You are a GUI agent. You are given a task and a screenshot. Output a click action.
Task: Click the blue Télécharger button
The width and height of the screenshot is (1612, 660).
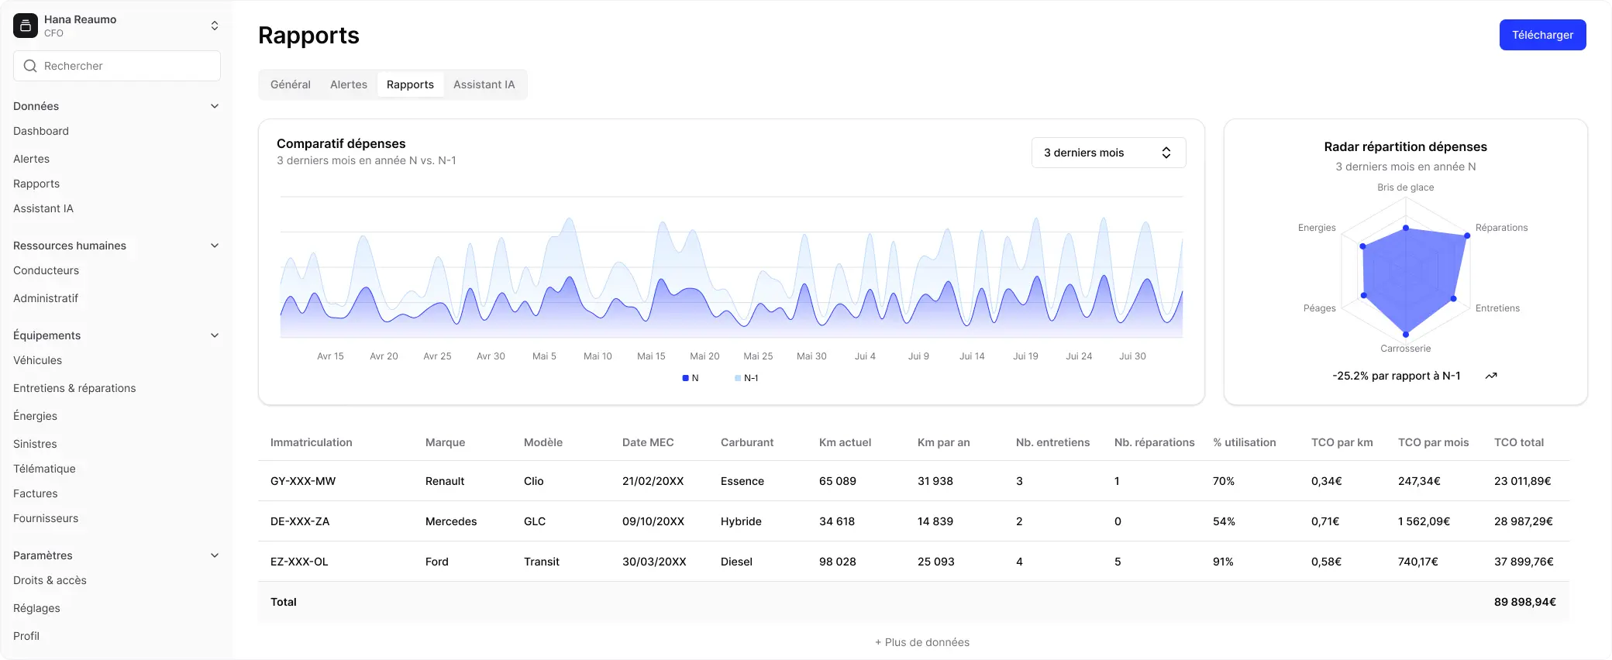1542,35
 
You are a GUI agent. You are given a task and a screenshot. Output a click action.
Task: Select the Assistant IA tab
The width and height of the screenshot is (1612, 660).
484,84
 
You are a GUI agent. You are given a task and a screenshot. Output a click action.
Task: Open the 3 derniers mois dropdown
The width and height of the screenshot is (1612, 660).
1108,153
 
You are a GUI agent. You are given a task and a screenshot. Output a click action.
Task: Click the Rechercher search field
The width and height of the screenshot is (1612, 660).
117,66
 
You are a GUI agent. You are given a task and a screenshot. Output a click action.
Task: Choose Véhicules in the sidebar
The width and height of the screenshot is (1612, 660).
37,360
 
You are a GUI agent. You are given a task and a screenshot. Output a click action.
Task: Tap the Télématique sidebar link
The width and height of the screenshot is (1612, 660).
44,469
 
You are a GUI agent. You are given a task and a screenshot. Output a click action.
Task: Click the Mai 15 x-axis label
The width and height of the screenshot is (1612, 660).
651,356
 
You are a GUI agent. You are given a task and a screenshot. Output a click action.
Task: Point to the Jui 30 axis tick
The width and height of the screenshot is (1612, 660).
1132,356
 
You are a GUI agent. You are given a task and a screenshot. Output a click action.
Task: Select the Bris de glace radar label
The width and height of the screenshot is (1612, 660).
1405,187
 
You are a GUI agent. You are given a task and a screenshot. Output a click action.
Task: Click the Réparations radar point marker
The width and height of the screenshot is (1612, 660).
1467,235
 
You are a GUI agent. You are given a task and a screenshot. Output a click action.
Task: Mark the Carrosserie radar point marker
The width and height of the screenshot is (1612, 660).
1406,335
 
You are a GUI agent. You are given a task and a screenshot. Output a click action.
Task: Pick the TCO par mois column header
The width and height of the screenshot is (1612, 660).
1433,442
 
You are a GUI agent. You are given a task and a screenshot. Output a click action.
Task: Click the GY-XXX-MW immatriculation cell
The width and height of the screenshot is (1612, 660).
303,481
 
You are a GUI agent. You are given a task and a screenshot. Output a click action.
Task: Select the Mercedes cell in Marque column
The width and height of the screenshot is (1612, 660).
451,521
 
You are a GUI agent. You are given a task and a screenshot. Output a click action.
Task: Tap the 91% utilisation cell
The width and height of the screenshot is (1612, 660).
1223,562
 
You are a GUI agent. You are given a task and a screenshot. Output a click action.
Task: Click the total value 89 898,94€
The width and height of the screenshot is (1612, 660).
1525,602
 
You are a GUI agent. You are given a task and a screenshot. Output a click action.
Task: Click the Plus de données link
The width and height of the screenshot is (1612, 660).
922,642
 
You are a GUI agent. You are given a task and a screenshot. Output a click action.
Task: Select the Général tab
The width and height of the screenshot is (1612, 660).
291,84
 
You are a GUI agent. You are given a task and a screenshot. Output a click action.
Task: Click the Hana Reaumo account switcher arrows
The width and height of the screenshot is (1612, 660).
215,26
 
